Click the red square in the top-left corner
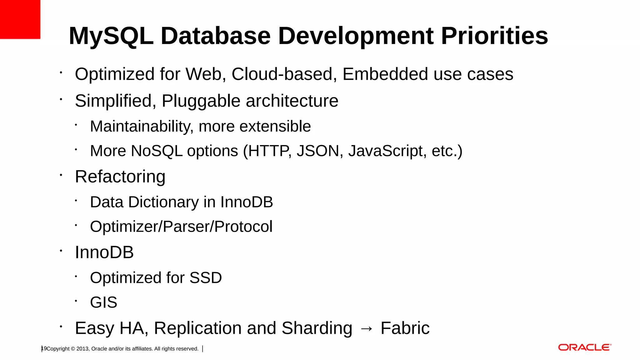(20, 19)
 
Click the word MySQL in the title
(111, 36)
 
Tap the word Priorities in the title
(494, 36)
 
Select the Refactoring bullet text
(120, 177)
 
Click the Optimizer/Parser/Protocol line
(181, 227)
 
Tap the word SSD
(206, 278)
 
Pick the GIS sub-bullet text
(103, 302)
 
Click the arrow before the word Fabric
(366, 328)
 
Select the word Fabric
(405, 328)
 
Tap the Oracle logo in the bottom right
(584, 347)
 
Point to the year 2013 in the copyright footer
(82, 349)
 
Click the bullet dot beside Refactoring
(61, 175)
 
